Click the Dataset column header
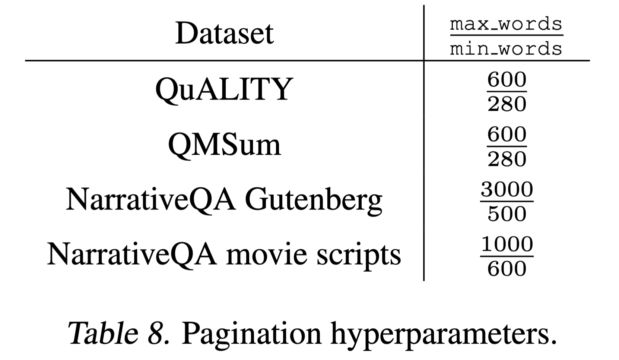tap(224, 33)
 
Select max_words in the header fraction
tap(506, 24)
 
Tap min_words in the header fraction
tap(506, 48)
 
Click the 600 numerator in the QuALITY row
tap(507, 80)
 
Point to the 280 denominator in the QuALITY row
tap(507, 104)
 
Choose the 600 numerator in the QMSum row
tap(507, 135)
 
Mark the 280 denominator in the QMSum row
tap(507, 159)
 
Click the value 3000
tap(507, 189)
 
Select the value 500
tap(507, 214)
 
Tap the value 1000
tap(507, 244)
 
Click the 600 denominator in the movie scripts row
tap(507, 268)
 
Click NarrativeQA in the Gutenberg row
tap(151, 200)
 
